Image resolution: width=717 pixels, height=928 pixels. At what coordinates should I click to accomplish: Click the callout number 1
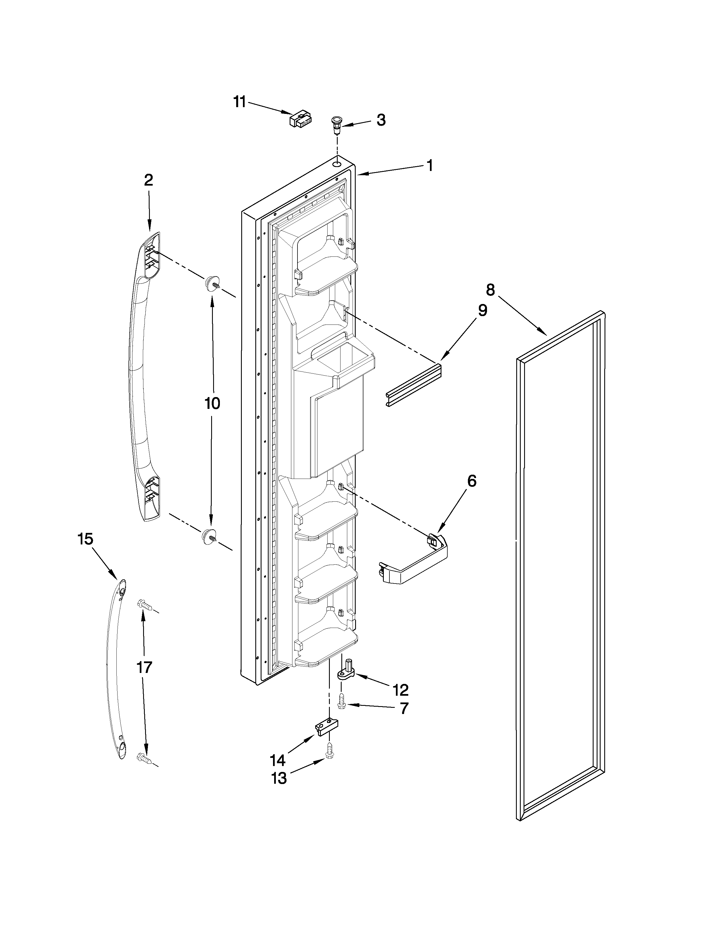[x=429, y=165]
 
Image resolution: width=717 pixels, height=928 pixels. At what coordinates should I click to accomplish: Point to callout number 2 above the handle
[x=148, y=180]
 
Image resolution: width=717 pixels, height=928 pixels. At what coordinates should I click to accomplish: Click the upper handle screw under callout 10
[x=211, y=283]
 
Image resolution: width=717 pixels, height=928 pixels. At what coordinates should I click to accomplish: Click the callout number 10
[x=212, y=403]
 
